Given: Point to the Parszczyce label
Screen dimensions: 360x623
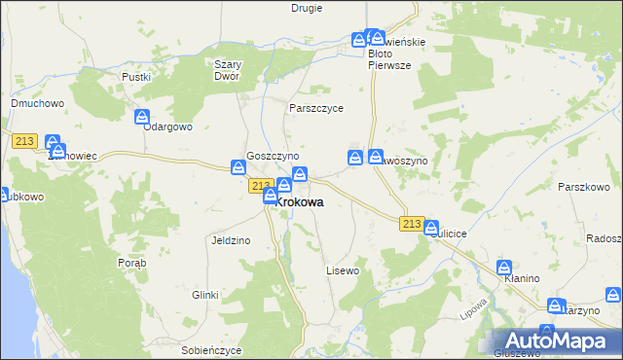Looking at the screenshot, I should click(316, 108).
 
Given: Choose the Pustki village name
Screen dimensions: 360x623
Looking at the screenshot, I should click(134, 76).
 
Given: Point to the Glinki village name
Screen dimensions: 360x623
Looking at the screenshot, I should click(204, 294).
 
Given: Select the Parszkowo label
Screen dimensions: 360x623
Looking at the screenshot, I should click(583, 186).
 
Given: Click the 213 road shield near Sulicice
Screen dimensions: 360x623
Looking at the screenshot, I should click(411, 225).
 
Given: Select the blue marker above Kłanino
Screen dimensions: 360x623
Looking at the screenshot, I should click(504, 267).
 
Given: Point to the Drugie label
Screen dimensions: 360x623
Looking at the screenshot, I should click(308, 8).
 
